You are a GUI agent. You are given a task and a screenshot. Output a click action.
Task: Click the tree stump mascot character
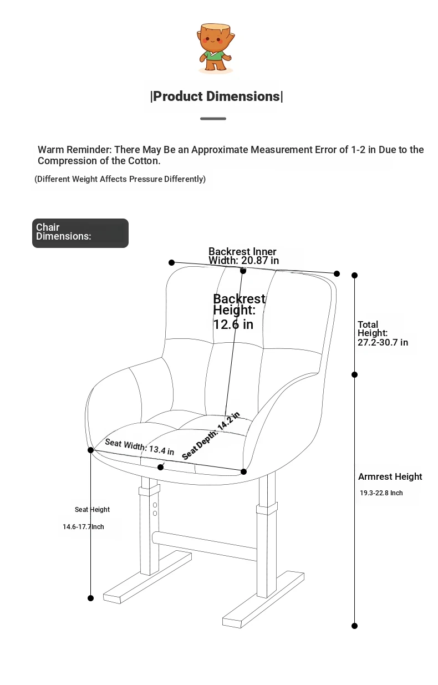pos(216,48)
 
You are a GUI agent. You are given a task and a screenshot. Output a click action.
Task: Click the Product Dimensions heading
pos(216,97)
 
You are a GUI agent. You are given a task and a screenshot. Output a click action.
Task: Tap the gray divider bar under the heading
pos(213,119)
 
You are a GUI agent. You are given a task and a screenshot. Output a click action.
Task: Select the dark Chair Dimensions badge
pos(80,233)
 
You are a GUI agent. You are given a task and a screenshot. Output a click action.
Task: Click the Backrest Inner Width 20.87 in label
pos(243,256)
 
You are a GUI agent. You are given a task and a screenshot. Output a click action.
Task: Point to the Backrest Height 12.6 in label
pos(240,312)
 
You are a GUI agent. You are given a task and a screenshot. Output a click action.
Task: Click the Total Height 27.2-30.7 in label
pos(383,333)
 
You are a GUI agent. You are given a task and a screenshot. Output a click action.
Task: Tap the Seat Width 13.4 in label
pos(139,446)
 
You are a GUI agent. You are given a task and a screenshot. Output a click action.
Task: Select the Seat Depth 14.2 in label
pos(211,436)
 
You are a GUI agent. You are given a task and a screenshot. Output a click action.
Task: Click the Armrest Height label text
pos(390,476)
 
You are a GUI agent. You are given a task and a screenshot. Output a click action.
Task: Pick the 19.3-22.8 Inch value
pos(381,493)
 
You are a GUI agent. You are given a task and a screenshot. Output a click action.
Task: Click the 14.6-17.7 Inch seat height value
pos(83,526)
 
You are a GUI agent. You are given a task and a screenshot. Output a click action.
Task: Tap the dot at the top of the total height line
pos(354,276)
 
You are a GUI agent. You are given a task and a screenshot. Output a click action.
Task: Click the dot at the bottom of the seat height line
pos(90,598)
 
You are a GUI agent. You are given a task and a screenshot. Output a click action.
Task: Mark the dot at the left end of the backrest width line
pos(171,262)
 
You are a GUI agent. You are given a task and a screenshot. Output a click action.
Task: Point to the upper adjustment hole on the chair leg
pos(155,505)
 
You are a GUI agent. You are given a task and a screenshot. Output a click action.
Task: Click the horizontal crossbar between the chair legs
pos(204,546)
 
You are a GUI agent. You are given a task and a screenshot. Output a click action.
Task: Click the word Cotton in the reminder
pos(144,161)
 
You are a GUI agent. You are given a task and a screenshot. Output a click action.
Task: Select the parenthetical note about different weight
pos(120,179)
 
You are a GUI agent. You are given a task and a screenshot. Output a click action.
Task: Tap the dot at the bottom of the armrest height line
pos(354,626)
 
